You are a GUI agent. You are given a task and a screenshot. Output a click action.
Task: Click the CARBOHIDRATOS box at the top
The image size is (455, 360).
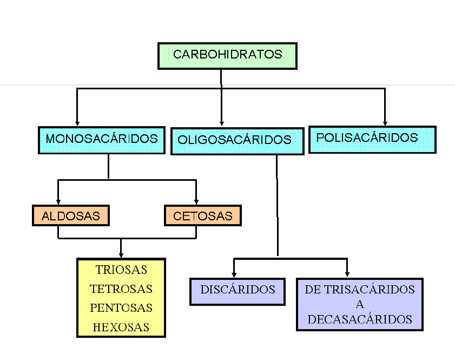pyautogui.click(x=227, y=55)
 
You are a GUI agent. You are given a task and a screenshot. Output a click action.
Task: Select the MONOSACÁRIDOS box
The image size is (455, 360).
pyautogui.click(x=102, y=140)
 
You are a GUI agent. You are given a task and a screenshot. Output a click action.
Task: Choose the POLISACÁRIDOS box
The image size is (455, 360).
pyautogui.click(x=372, y=139)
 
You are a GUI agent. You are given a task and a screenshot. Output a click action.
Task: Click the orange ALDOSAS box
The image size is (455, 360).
pyautogui.click(x=70, y=216)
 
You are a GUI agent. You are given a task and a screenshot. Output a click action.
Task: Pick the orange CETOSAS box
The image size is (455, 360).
pyautogui.click(x=203, y=216)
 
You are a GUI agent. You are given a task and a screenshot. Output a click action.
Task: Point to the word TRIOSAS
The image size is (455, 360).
pyautogui.click(x=121, y=270)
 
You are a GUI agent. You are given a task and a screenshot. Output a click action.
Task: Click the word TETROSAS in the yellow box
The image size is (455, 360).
pyautogui.click(x=121, y=289)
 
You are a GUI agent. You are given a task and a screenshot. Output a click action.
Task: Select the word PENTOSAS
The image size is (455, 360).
pyautogui.click(x=121, y=308)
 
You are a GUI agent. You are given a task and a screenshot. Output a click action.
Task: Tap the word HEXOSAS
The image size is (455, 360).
pyautogui.click(x=121, y=328)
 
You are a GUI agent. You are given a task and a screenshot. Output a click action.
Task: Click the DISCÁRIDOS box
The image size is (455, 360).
pyautogui.click(x=238, y=290)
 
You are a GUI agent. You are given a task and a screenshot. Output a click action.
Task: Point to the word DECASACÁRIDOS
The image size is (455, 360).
pyautogui.click(x=360, y=319)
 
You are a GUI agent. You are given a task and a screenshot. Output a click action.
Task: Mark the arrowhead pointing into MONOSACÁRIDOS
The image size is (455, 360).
pyautogui.click(x=77, y=123)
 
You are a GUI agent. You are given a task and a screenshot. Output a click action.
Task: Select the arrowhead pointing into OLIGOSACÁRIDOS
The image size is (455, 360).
pyautogui.click(x=222, y=123)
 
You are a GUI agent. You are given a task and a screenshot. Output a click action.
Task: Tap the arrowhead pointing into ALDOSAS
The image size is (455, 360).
pyautogui.click(x=58, y=201)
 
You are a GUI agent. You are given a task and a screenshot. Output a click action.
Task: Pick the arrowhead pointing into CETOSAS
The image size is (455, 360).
pyautogui.click(x=196, y=201)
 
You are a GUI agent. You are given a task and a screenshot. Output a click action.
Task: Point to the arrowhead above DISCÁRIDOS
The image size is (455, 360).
pyautogui.click(x=234, y=274)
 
